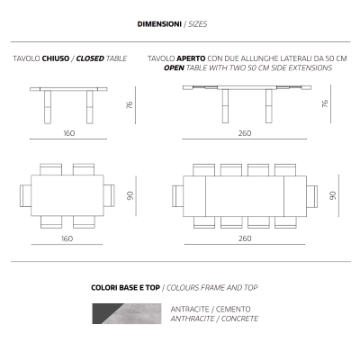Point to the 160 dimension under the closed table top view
coord(67,238)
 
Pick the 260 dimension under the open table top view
coord(245,238)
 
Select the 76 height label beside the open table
coord(324,105)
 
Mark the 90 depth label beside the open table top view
coord(332,194)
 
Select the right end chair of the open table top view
coord(311,194)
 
